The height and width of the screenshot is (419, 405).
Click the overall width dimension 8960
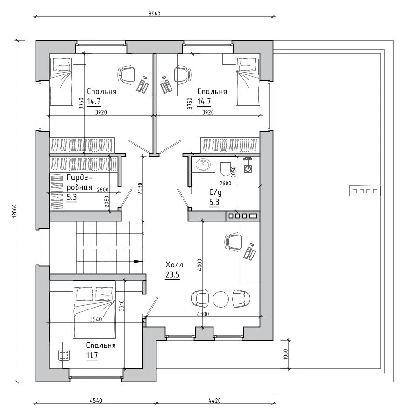click(x=154, y=14)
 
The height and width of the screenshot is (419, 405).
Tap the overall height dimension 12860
click(x=14, y=211)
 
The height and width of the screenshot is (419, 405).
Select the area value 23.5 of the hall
click(x=172, y=275)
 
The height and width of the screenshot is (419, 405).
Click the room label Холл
click(x=174, y=265)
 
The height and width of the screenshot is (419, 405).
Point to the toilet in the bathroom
click(x=225, y=169)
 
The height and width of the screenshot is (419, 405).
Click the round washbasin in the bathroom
click(x=203, y=165)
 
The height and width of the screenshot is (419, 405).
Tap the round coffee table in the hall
click(x=220, y=299)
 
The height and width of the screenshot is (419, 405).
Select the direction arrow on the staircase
click(x=138, y=261)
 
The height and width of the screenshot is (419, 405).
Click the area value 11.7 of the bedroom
click(x=92, y=355)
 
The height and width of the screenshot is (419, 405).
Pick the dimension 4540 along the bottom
click(x=96, y=401)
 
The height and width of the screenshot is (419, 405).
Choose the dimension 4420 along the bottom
click(x=214, y=401)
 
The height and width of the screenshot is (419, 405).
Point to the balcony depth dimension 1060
click(x=285, y=354)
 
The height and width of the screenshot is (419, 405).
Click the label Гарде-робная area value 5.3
click(x=72, y=197)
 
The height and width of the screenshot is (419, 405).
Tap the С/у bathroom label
click(x=215, y=192)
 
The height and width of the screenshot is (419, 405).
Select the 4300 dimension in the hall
click(x=203, y=314)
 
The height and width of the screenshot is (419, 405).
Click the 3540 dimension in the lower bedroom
click(x=96, y=319)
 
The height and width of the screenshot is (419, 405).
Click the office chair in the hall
click(x=233, y=242)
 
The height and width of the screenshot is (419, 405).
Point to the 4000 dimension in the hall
click(x=200, y=265)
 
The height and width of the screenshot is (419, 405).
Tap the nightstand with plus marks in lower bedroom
click(x=64, y=355)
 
